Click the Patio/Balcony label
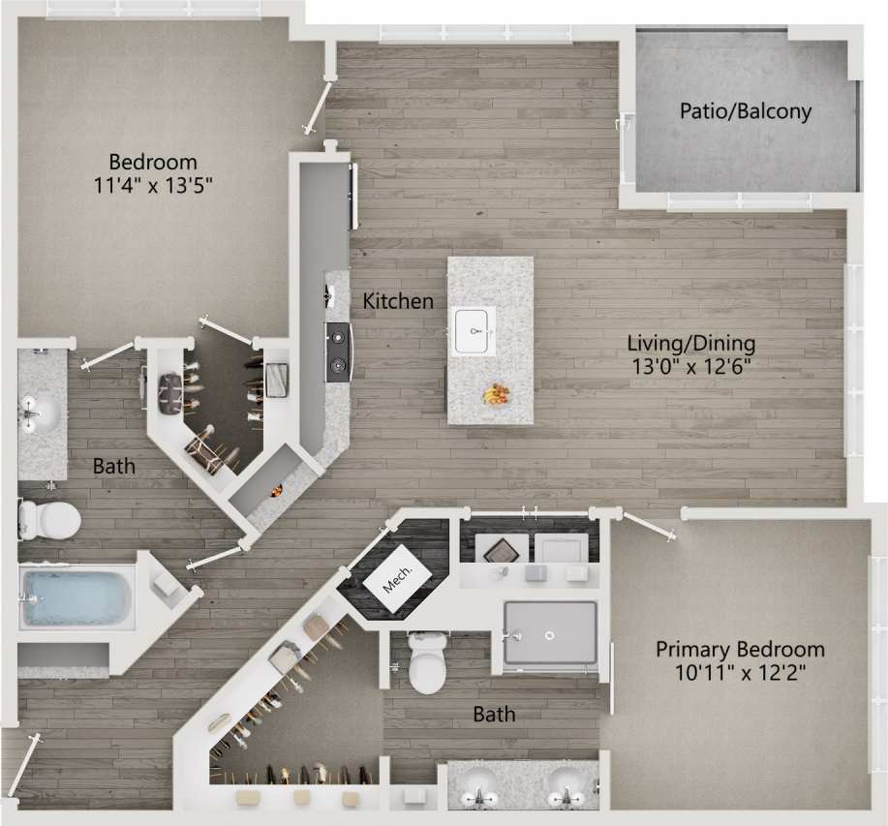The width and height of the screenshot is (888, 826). pos(745,110)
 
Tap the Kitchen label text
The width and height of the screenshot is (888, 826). pos(398,301)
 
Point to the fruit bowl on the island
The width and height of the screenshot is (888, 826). pos(497,394)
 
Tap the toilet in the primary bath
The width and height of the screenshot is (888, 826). pos(427,664)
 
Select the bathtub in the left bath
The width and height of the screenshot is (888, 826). pos(76,597)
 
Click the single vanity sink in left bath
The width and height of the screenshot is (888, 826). pos(41,414)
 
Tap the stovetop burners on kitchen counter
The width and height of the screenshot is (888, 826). pos(338,352)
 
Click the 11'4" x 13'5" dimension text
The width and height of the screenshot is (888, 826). pos(153,185)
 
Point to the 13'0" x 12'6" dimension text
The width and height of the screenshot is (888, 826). pos(690,367)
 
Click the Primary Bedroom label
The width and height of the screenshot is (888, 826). pos(740,649)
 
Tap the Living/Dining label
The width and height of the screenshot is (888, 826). pos(690,343)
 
